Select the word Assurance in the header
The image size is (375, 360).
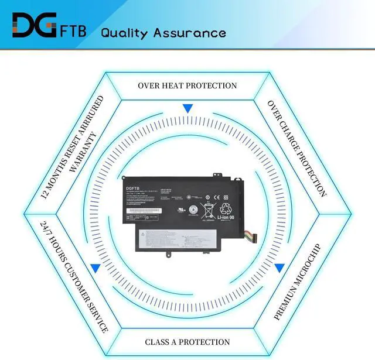189,32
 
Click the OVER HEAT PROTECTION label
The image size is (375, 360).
187,85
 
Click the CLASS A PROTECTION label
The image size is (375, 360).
187,342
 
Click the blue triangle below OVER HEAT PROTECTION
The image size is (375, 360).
187,108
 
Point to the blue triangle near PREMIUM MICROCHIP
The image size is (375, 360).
279,268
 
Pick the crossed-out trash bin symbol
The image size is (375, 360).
208,209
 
